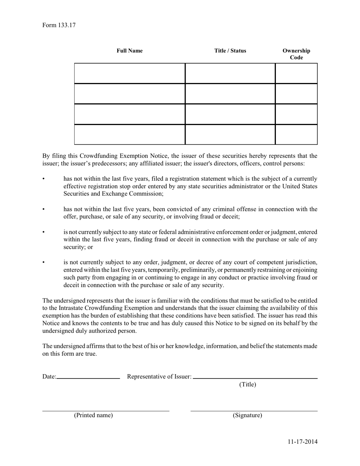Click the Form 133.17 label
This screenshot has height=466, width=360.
point(59,25)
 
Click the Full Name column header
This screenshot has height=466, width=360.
point(130,51)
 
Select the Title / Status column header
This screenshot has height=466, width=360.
point(230,51)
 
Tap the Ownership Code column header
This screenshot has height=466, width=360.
point(296,54)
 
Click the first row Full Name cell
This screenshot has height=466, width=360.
point(130,73)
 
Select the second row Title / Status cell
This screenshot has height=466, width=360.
point(230,94)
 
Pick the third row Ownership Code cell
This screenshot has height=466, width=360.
point(296,114)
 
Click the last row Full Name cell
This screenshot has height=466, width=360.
point(130,134)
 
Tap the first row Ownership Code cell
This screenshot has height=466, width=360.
point(296,73)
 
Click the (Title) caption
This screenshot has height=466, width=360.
point(247,385)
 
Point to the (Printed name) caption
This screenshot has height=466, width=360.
point(93,415)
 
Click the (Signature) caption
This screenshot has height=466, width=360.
point(247,415)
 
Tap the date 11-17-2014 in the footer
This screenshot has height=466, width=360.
point(302,442)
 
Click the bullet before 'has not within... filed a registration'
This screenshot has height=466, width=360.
point(44,179)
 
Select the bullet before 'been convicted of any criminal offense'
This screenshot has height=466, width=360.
point(44,210)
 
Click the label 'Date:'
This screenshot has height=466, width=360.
point(49,377)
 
